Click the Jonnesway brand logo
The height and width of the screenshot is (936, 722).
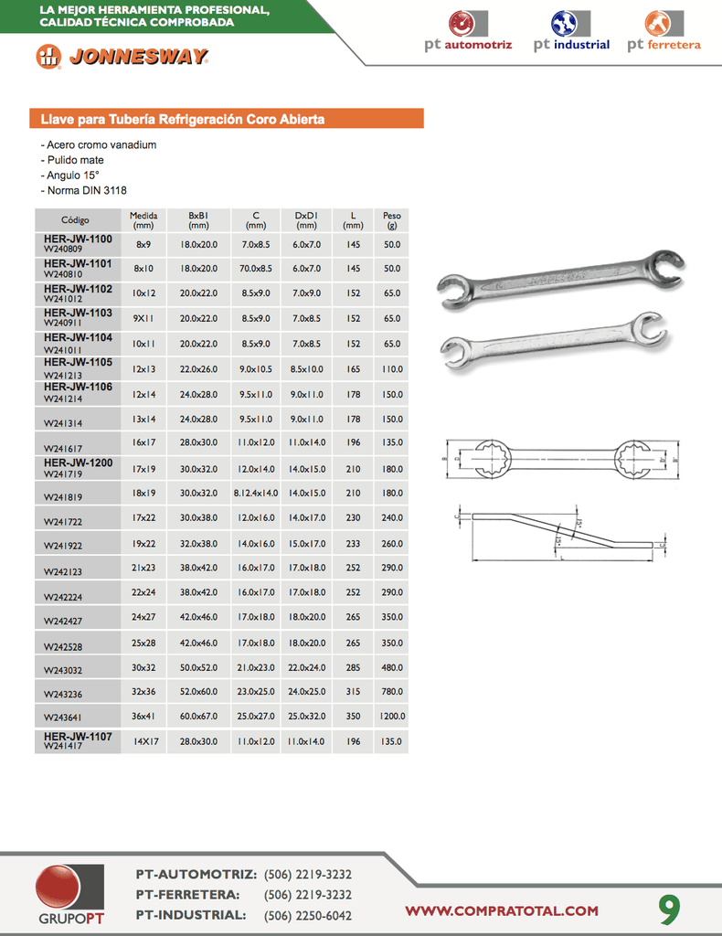(x=122, y=57)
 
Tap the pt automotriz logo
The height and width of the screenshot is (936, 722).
(x=468, y=31)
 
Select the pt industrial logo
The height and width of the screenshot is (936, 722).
(x=571, y=31)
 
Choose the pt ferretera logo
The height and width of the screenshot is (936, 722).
(x=664, y=31)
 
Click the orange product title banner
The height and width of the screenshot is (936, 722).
(x=228, y=119)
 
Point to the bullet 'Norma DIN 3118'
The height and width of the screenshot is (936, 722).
(x=84, y=190)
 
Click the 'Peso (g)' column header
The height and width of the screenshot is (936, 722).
(x=392, y=220)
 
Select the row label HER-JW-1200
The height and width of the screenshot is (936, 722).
(x=79, y=463)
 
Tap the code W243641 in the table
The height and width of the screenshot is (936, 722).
(x=63, y=719)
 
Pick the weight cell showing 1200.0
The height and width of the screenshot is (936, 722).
(x=392, y=717)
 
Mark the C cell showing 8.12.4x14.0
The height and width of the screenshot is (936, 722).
(x=256, y=493)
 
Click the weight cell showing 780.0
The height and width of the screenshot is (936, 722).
(x=392, y=692)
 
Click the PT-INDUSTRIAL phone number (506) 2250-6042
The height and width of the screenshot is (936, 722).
(x=307, y=915)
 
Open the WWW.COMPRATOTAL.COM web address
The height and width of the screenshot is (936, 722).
(x=502, y=910)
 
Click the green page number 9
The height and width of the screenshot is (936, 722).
(x=670, y=909)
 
